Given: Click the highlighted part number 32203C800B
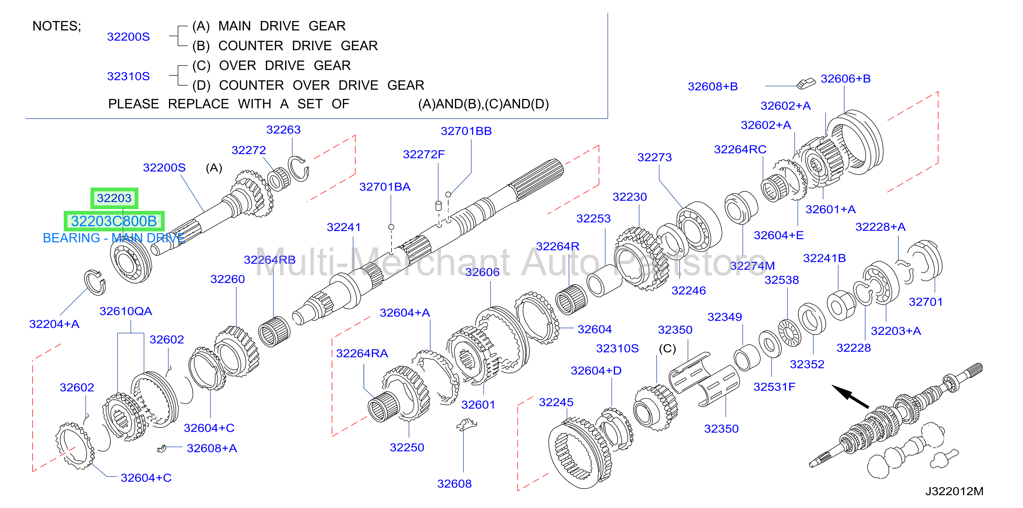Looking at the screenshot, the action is [114, 221].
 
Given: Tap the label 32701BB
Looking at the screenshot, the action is [466, 131].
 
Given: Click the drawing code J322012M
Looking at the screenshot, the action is [954, 491].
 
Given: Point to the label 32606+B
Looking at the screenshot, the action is [846, 79].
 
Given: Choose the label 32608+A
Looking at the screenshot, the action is [212, 448].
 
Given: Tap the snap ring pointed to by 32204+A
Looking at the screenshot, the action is [95, 282].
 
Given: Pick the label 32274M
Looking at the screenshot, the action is [752, 266].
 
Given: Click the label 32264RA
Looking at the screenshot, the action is [362, 353].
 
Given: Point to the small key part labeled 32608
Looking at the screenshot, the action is [467, 425].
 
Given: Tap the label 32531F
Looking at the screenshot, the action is [774, 386].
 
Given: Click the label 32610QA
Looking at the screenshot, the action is [125, 311].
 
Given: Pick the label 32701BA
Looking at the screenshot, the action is [385, 187].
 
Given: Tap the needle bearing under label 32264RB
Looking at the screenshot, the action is [274, 332].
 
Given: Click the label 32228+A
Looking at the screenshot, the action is [880, 227].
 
